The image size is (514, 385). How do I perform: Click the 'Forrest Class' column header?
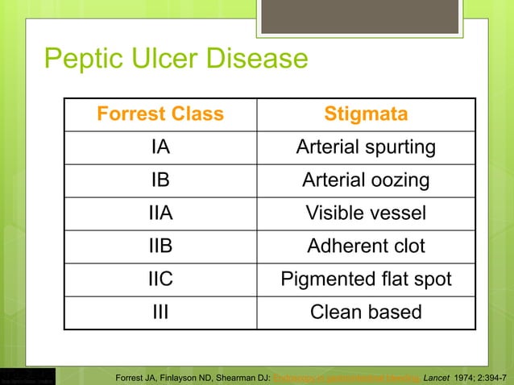tap(160, 114)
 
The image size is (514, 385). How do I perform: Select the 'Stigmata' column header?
tap(366, 114)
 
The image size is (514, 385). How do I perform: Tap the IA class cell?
tap(160, 147)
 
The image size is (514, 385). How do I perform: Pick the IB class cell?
tap(160, 180)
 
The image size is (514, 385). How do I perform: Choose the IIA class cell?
tap(160, 213)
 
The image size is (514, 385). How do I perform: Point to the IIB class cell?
tap(160, 246)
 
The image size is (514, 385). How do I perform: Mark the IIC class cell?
tap(160, 279)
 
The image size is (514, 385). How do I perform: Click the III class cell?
tap(160, 312)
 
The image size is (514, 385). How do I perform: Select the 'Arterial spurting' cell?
tap(366, 147)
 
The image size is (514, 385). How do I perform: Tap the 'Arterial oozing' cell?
tap(366, 180)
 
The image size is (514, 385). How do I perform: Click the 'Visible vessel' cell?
tap(366, 213)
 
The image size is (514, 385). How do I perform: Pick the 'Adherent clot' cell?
tap(366, 246)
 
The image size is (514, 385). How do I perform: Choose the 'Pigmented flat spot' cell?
tap(366, 279)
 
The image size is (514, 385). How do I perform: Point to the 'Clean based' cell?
tap(366, 312)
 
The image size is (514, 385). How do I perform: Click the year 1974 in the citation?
tap(465, 375)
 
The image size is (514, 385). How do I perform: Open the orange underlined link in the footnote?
tap(346, 375)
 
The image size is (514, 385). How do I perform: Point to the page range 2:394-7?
tap(495, 375)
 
